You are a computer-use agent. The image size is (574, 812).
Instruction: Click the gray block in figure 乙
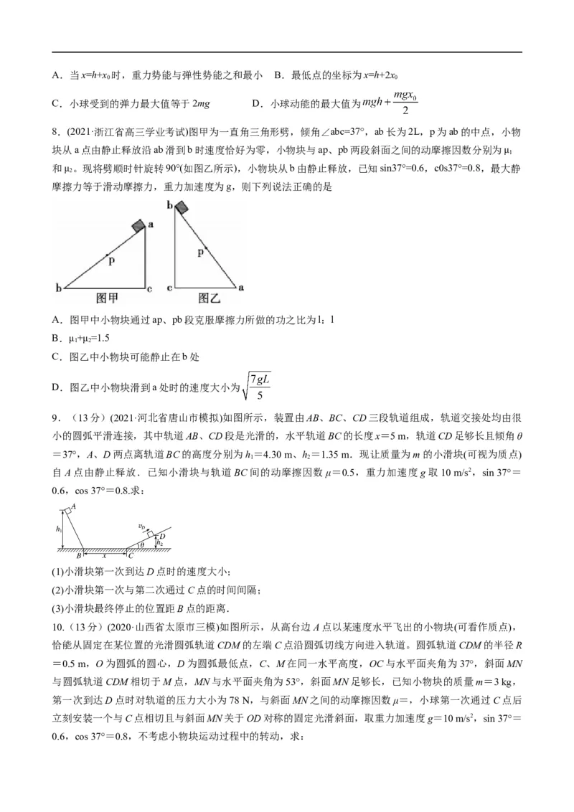(182, 209)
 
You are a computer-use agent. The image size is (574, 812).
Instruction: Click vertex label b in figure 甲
(58, 288)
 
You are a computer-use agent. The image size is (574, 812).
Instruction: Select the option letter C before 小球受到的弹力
(56, 103)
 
